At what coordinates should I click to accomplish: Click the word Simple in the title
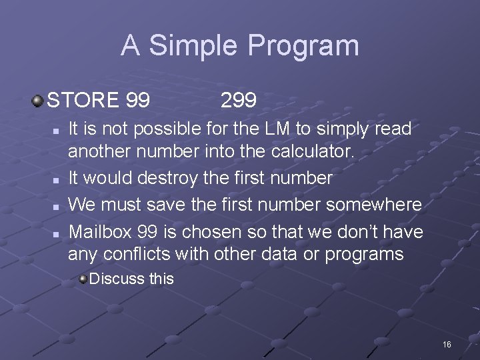193,46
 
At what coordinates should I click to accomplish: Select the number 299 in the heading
238,101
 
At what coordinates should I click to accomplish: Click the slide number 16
447,344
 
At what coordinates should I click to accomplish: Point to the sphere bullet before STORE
38,101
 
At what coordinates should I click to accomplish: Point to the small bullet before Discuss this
83,279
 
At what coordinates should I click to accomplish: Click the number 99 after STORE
137,101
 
